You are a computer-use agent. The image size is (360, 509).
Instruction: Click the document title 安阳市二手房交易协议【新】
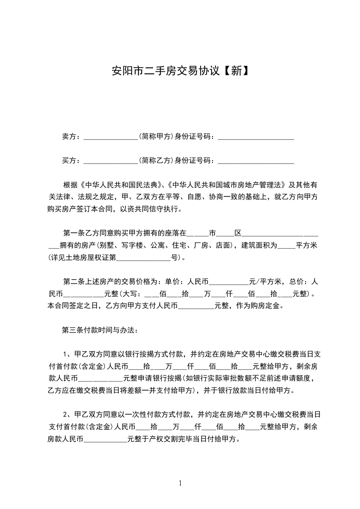point(180,71)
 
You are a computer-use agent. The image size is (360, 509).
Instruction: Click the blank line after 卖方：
point(111,137)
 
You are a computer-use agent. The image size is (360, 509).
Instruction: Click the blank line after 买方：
point(111,161)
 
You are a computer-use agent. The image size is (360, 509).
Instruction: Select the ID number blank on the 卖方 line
point(256,137)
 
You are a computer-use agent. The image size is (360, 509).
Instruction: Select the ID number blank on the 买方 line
point(256,161)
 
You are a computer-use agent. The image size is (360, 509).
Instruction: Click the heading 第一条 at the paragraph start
point(74,234)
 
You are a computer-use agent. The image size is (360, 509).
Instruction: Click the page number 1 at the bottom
point(180,483)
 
